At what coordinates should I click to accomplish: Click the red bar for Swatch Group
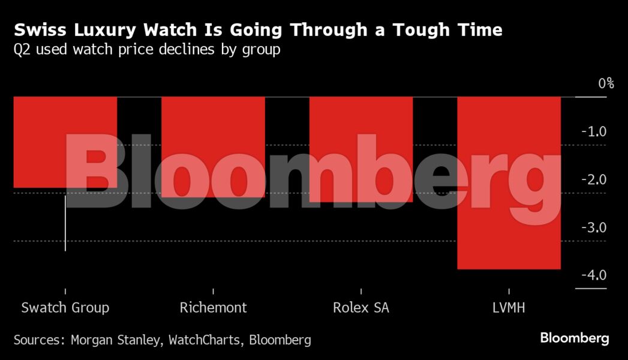(65, 142)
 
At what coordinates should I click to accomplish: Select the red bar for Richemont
(213, 146)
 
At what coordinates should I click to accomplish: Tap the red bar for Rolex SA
(360, 149)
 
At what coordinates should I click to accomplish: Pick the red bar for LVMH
(509, 182)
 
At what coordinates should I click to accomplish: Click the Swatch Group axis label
(65, 308)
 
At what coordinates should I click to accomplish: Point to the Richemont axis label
(213, 308)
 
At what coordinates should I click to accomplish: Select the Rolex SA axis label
(360, 308)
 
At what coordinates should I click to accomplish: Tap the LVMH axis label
(509, 308)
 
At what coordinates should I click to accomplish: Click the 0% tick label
(606, 83)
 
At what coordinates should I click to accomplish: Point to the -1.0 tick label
(594, 131)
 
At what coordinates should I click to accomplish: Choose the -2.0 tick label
(594, 179)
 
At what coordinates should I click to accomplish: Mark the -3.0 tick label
(594, 227)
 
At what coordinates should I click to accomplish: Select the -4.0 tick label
(594, 275)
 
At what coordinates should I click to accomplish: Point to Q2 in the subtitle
(22, 49)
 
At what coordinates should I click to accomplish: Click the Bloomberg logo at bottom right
(575, 338)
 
